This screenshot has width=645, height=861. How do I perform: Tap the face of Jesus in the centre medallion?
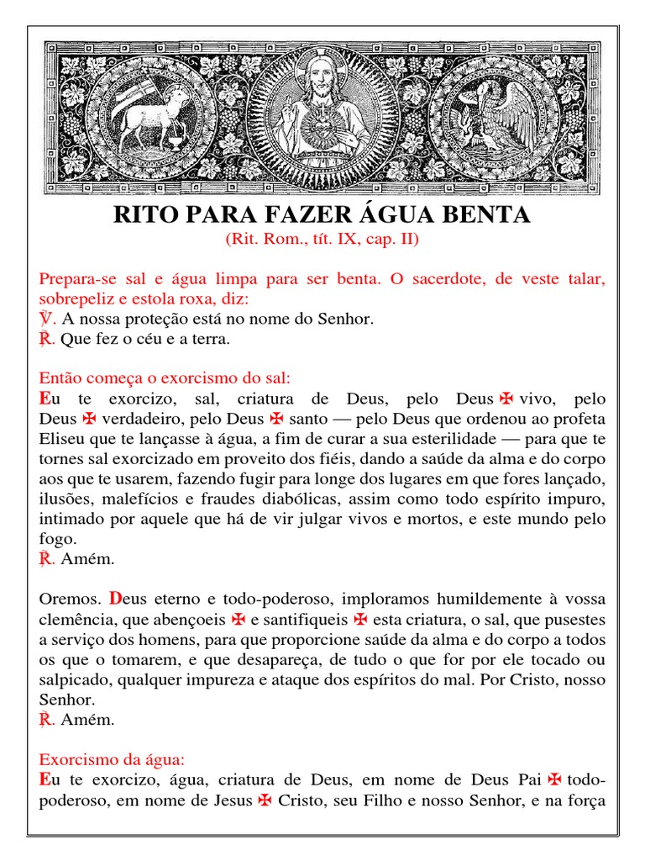pyautogui.click(x=322, y=78)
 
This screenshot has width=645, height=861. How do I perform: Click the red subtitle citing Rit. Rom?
pyautogui.click(x=322, y=240)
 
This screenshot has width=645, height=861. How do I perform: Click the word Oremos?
pyautogui.click(x=71, y=599)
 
